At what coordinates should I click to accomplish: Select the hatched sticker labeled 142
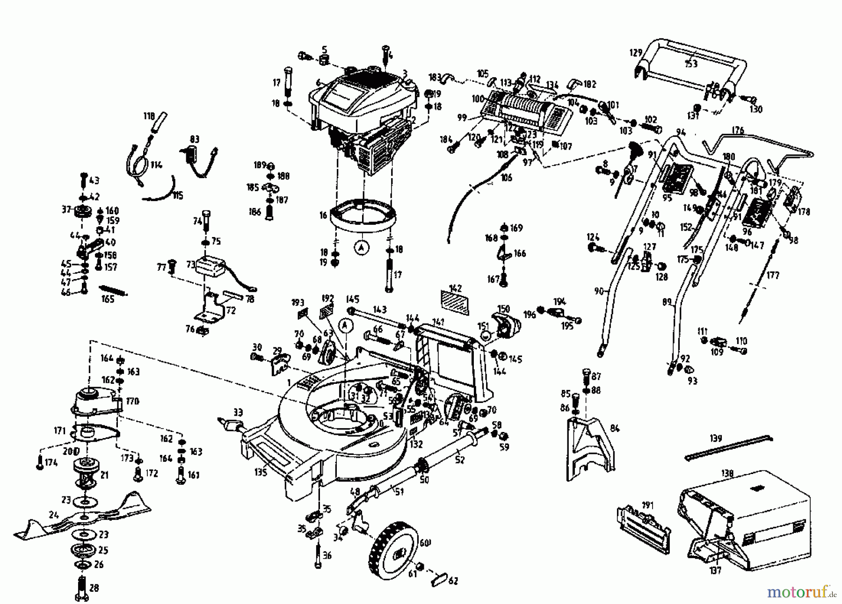point(455,302)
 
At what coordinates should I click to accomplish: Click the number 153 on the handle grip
point(691,64)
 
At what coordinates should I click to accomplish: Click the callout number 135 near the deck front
point(261,473)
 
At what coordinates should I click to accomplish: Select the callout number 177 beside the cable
point(773,275)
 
